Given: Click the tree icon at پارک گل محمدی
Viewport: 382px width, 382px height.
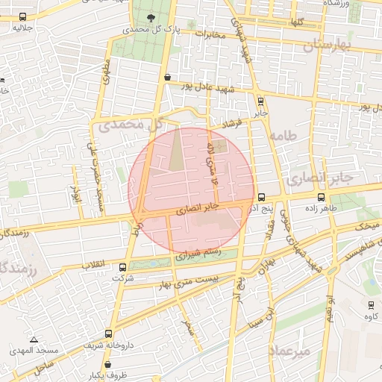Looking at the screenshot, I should [x=151, y=17].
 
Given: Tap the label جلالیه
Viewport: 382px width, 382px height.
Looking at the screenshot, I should [x=23, y=28].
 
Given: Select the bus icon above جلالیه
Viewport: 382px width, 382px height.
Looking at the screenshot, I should [x=23, y=16].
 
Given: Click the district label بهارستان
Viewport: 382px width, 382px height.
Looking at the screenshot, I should [x=326, y=46].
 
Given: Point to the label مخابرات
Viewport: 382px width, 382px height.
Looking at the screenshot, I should [x=210, y=34].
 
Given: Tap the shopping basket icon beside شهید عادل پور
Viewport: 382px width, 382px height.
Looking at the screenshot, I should [x=167, y=77].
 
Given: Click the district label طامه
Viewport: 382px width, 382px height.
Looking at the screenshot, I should [x=286, y=135].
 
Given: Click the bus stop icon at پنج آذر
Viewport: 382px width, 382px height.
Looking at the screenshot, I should [x=261, y=198].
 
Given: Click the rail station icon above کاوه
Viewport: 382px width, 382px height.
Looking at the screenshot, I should [x=371, y=304].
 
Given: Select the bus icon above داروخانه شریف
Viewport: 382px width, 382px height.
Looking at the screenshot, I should [x=110, y=334].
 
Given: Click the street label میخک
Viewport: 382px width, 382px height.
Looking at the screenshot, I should [x=367, y=225].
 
